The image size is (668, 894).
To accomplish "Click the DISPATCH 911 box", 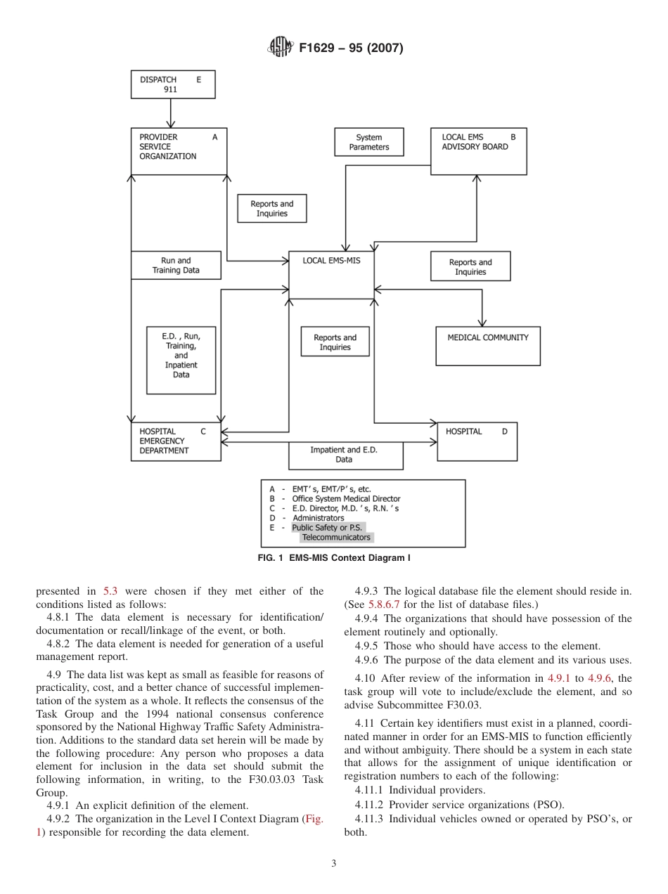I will coord(172,84).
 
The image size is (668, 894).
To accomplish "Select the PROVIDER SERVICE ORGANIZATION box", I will coord(179,151).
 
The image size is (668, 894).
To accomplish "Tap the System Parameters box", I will coord(368,142).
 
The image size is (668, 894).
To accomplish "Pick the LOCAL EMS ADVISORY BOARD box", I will coord(478,151).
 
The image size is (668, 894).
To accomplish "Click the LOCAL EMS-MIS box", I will coord(331,274).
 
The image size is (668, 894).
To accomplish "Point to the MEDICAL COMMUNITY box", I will coord(488,346).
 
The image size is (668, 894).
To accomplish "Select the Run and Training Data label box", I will coord(176,266).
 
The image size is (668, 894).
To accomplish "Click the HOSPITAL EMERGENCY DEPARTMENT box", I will coord(176,441).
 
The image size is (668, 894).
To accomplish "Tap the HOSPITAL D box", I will coord(477,441).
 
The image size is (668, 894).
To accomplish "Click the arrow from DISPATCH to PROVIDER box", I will coord(171,113).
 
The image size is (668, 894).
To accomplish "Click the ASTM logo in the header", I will coord(281,48).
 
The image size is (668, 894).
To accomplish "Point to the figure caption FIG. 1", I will coord(334,558).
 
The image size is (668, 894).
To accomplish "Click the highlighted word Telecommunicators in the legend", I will coord(335,538).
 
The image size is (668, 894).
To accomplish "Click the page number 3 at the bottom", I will coord(334,863).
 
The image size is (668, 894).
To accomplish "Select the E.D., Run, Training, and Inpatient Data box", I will coord(181,360).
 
